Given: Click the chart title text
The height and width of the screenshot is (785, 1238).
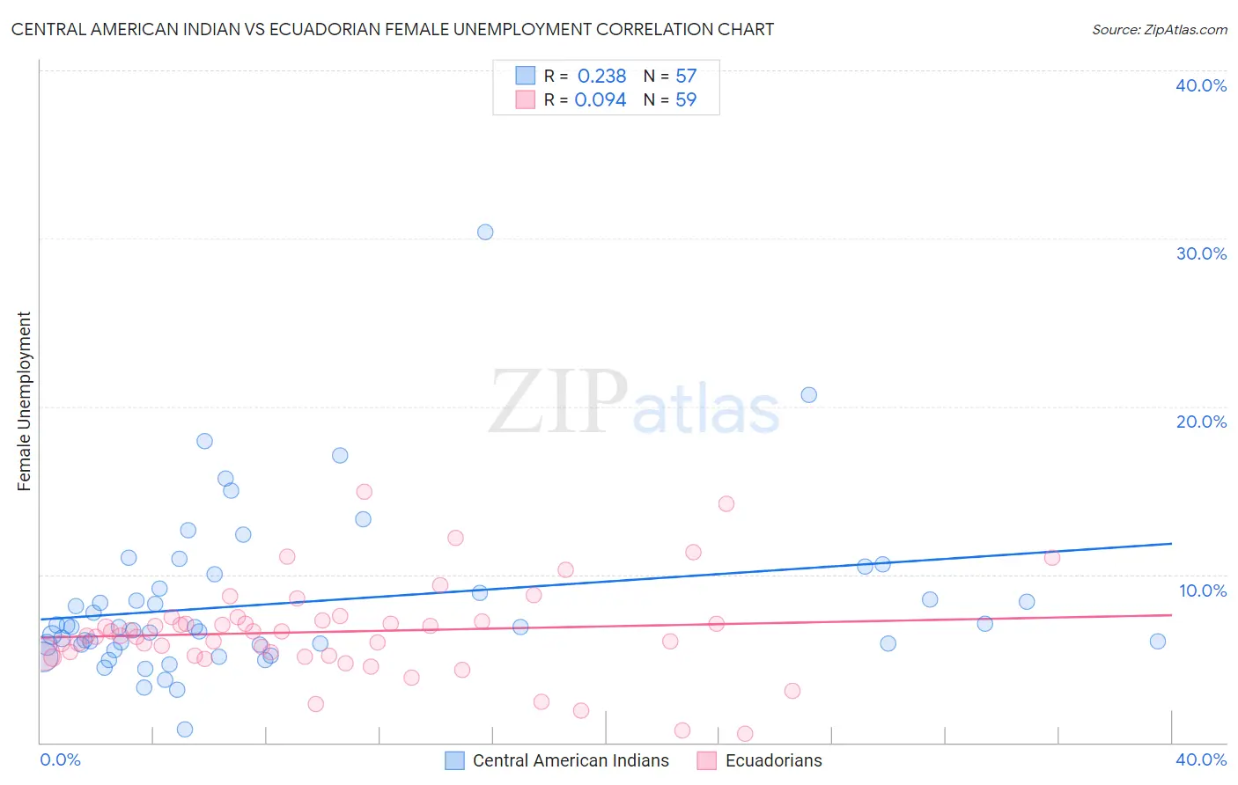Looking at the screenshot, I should tap(393, 29).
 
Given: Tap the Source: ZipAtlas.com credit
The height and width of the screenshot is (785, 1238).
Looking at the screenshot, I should tap(1159, 29).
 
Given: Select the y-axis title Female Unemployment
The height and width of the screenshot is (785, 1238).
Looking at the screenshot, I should tap(24, 400).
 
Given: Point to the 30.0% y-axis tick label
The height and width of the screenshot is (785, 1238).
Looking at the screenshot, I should tap(1201, 253).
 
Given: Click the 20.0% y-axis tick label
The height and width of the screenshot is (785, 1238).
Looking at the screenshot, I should tap(1201, 422).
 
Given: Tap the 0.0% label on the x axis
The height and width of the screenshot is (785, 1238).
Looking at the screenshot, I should tap(60, 759).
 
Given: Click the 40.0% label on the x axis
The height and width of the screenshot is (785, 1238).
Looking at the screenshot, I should tap(1201, 759).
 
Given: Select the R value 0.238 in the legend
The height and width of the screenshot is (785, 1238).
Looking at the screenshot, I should tap(601, 77).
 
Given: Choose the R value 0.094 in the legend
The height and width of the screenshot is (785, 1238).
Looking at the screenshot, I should tap(601, 100).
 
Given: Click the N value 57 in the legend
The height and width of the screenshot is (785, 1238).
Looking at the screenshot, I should tap(686, 77).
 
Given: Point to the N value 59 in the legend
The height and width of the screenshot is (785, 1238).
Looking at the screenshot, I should tap(686, 100).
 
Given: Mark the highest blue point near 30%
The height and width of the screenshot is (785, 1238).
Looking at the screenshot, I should tap(485, 232).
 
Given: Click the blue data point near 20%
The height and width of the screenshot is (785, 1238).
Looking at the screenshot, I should tap(809, 395).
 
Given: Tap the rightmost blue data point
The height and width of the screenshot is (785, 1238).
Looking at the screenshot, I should tap(1158, 642).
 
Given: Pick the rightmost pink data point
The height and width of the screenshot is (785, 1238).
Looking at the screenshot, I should tap(1051, 557).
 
